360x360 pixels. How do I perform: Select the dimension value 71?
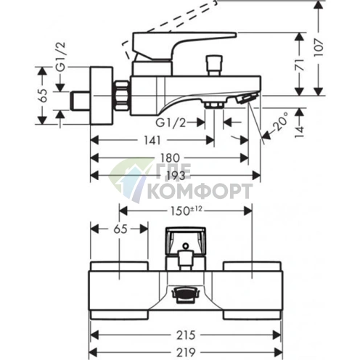300,65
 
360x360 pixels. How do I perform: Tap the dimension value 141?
152,140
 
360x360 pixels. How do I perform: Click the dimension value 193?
176,176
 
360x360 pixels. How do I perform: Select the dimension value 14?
300,132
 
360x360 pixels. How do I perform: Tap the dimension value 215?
186,335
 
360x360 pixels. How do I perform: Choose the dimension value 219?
186,352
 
